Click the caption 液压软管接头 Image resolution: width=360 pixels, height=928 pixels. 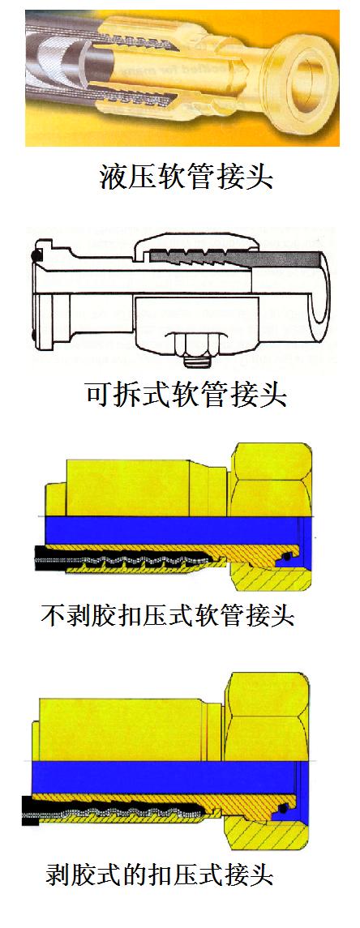pos(186,176)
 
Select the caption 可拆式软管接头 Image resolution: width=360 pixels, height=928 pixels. pos(186,393)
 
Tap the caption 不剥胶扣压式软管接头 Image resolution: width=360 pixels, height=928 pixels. pos(168,615)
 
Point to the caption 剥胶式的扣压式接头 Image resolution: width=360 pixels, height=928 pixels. pos(159,874)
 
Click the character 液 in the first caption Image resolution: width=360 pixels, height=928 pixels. pos(113,176)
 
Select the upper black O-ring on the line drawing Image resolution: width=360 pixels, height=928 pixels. pos(36,256)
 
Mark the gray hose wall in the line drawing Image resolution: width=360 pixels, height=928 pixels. pos(237,259)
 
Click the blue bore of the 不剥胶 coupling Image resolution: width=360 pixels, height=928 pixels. pos(178,530)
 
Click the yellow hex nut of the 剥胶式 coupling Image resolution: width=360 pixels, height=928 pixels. pos(267,716)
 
